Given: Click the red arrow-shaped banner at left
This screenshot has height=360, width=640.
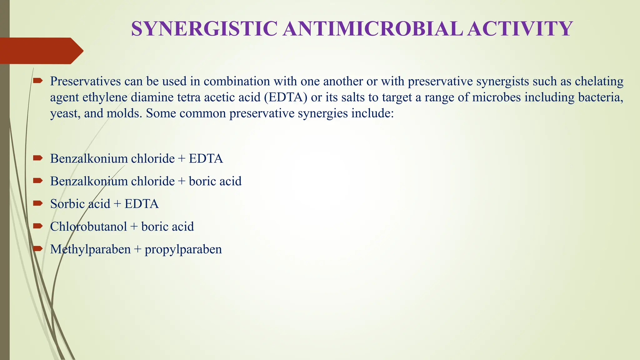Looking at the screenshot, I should coord(41,51).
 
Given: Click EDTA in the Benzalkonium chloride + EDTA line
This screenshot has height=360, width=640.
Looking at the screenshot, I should coord(206,159).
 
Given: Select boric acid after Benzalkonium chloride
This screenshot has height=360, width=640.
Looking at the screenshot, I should coord(215,181).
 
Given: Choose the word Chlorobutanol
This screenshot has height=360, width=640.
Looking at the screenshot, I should coord(88,227).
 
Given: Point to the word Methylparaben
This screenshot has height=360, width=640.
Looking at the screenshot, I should coord(90,249).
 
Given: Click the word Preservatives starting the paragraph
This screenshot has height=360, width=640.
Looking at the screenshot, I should coord(85,81).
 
